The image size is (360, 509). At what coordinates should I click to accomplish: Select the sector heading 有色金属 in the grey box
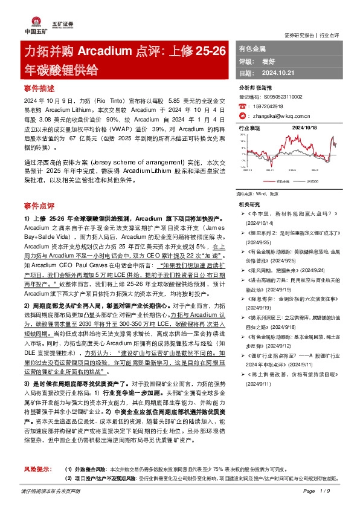point(252,47)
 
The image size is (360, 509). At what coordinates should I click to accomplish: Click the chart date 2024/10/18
point(305,128)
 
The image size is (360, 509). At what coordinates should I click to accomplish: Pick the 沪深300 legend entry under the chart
point(312,181)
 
